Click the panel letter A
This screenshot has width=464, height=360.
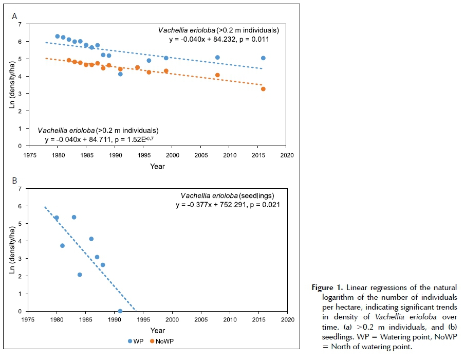[14, 16]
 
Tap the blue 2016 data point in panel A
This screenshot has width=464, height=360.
[263, 58]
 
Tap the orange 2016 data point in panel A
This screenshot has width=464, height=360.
[263, 89]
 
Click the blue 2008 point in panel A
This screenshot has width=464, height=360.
[217, 58]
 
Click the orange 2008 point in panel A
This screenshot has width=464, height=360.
[217, 75]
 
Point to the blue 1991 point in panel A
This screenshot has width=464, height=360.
[120, 74]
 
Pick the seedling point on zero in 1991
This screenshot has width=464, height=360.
[120, 311]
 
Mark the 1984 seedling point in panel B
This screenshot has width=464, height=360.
[80, 275]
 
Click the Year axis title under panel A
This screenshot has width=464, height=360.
[157, 166]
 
